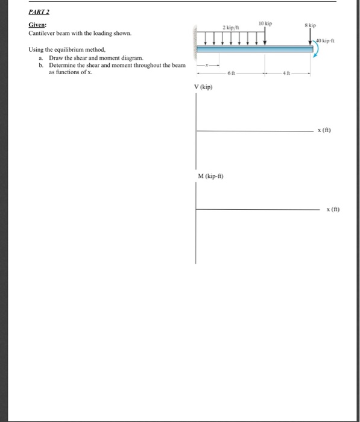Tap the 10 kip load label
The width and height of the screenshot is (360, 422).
click(265, 24)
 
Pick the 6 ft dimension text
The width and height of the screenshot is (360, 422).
click(230, 73)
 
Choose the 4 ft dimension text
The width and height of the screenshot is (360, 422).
click(288, 73)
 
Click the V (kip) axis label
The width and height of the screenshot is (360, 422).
click(203, 87)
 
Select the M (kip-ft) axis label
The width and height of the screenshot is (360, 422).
click(210, 175)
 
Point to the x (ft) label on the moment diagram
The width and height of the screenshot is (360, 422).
click(332, 209)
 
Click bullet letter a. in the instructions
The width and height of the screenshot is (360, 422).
click(41, 57)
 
